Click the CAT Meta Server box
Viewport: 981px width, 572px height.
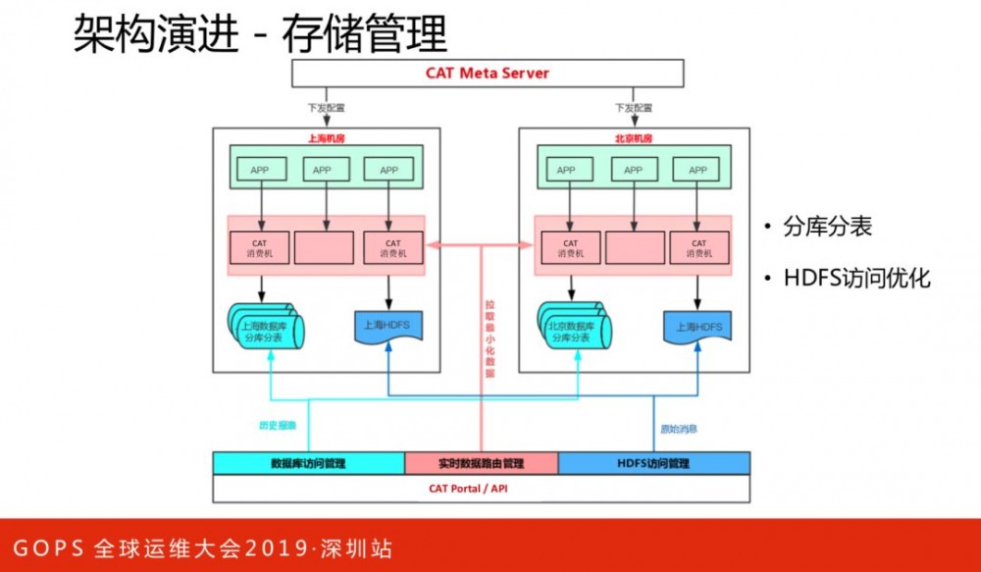click(x=488, y=74)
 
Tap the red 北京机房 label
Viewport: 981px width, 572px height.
click(x=633, y=139)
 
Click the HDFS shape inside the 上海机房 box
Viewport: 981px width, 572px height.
click(x=388, y=325)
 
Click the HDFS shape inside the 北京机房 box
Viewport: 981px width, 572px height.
click(x=697, y=325)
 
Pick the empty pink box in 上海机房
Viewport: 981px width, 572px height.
click(x=323, y=249)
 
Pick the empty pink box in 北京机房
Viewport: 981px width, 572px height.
click(x=633, y=249)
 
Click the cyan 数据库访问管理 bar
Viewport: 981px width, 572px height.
click(x=308, y=463)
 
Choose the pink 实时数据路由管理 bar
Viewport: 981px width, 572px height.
click(x=481, y=463)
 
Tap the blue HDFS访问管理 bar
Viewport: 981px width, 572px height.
click(x=653, y=463)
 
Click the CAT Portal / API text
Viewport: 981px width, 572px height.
click(x=481, y=488)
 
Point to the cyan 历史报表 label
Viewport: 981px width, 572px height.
click(x=278, y=427)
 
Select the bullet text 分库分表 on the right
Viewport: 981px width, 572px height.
click(x=827, y=228)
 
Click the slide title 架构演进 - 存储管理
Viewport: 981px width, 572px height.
click(x=260, y=33)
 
